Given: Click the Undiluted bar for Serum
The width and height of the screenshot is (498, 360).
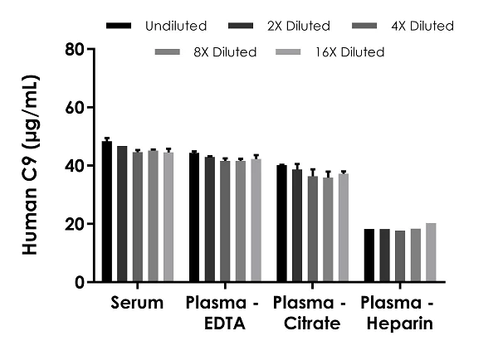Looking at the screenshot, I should click(107, 212).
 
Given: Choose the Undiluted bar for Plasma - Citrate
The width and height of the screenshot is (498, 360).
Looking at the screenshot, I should click(281, 224).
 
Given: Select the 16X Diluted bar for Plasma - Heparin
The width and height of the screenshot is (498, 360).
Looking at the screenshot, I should click(431, 253).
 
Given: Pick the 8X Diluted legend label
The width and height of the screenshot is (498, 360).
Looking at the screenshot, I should click(225, 52).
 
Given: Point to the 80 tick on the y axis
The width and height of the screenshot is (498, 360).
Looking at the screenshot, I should click(90, 50).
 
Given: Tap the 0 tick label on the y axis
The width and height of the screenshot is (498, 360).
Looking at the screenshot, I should click(80, 282).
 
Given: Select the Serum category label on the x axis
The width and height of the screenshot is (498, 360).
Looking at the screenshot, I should click(138, 304).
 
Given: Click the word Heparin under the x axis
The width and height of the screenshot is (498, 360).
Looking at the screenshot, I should click(400, 324).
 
